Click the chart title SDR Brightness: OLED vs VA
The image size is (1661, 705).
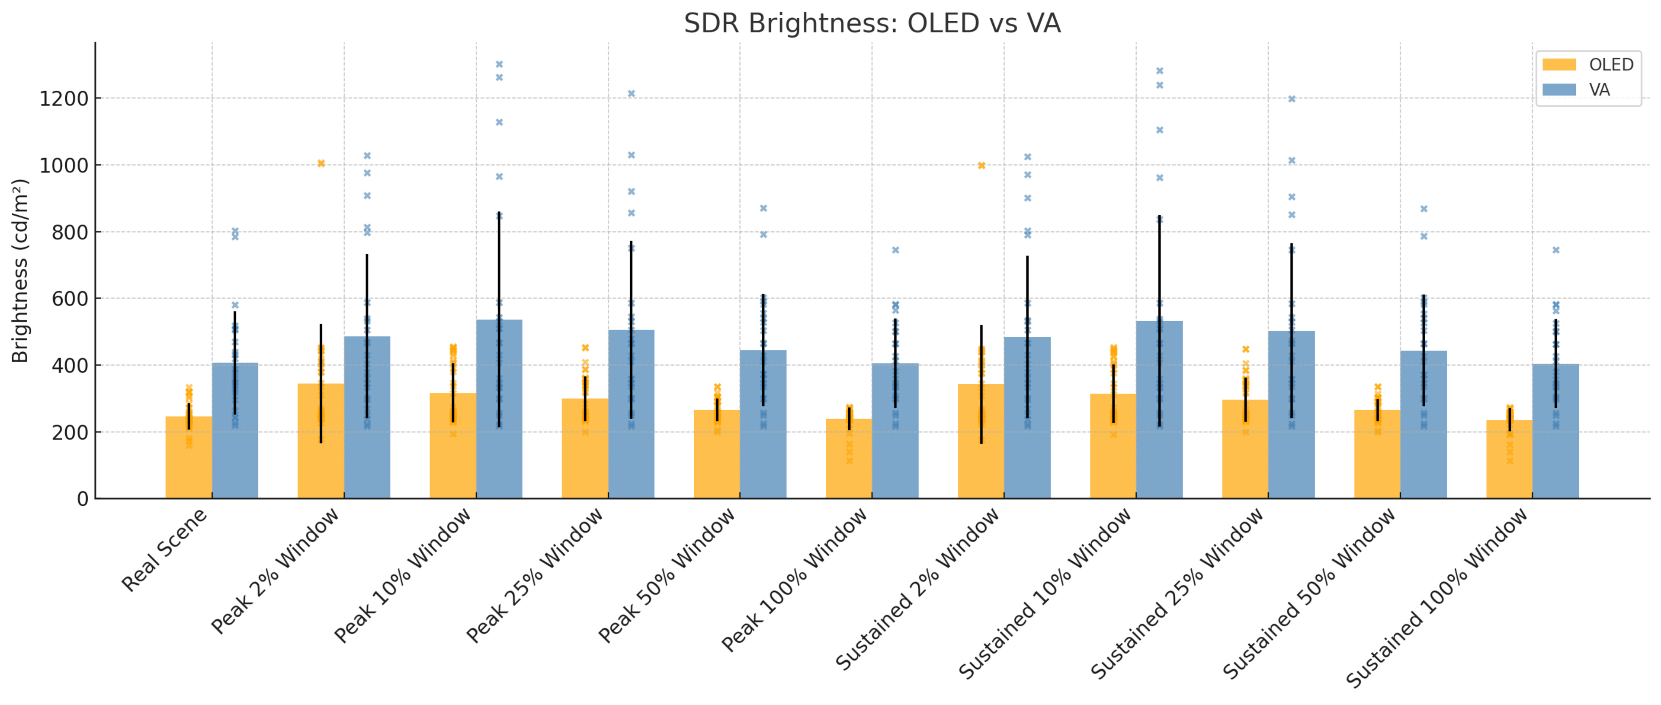point(872,24)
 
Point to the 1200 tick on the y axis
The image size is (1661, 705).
point(64,99)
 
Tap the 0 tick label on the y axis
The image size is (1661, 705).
point(83,499)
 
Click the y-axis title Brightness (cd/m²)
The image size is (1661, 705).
point(20,271)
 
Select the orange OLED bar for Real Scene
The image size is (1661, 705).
point(188,458)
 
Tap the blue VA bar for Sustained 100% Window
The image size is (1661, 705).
point(1555,445)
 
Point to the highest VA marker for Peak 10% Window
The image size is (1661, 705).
point(499,64)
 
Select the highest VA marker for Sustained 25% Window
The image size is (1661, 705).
point(1292,99)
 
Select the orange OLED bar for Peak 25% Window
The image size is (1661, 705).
point(585,451)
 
